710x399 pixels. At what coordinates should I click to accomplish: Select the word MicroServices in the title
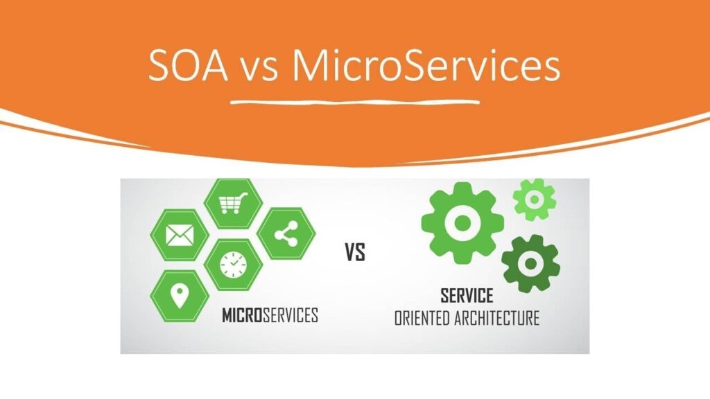point(425,68)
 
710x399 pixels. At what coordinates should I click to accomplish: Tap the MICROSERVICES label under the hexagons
point(270,316)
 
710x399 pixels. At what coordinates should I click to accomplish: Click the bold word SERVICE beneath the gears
point(467,296)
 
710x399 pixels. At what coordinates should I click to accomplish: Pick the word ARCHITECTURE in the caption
point(499,319)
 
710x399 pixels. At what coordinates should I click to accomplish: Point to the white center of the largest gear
point(462,222)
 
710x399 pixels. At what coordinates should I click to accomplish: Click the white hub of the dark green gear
point(530,263)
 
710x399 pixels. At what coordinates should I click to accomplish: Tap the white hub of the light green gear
point(535,199)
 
